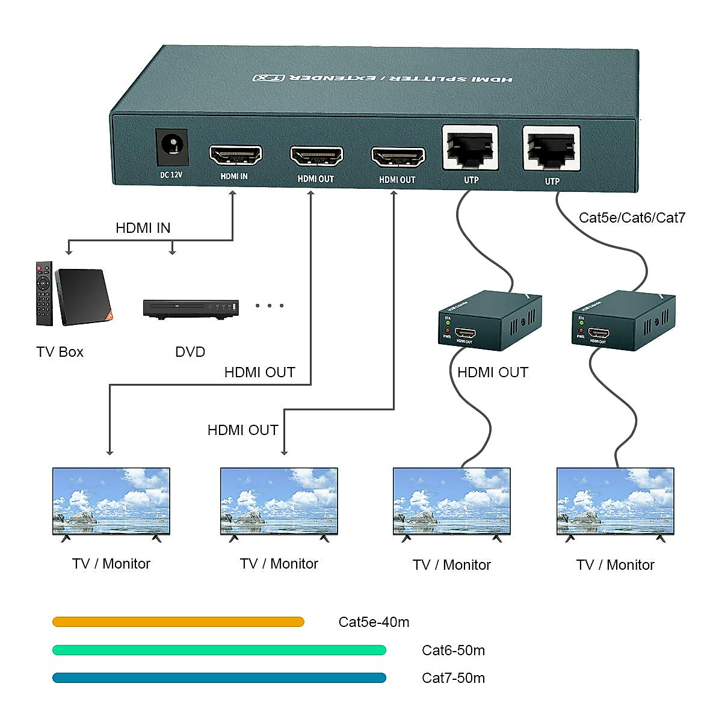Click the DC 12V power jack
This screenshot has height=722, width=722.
point(172,147)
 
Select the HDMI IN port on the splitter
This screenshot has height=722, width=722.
point(235,156)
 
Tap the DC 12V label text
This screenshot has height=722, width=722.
point(171,175)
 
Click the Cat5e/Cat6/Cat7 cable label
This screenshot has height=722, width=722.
point(632,218)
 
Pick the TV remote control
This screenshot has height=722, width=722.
point(44,294)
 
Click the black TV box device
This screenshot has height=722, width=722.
point(84,296)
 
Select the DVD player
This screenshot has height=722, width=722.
point(191,308)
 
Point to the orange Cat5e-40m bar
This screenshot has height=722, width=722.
point(178,622)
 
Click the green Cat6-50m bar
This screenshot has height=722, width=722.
point(219,650)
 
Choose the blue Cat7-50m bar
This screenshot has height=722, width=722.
point(219,678)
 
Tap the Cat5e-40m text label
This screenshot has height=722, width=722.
point(374,622)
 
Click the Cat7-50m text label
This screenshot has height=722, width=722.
point(453,678)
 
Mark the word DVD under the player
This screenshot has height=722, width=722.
point(190,352)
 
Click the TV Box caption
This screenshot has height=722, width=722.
point(60,352)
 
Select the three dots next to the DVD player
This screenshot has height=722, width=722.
point(269,306)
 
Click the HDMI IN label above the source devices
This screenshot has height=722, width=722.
point(143,228)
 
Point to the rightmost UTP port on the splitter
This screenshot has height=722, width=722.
point(551,149)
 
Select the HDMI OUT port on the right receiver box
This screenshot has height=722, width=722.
point(598,333)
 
